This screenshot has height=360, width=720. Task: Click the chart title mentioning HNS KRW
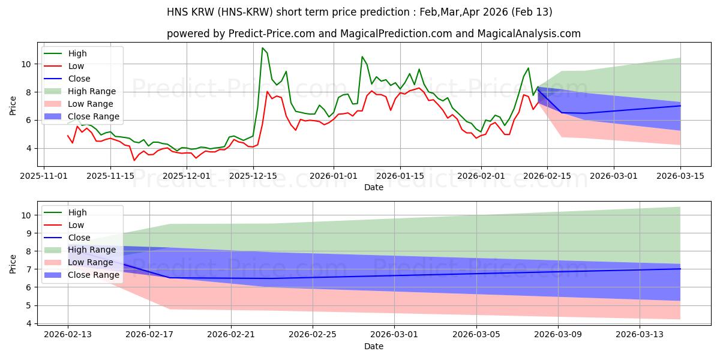[x=360, y=12]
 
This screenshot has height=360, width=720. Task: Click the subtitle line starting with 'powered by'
[x=373, y=34]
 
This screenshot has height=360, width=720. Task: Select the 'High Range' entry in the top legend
[x=92, y=91]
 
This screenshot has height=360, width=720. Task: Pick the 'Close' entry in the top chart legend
[x=79, y=79]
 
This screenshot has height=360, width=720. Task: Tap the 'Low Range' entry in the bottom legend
[x=91, y=262]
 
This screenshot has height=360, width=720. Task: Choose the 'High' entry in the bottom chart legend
[x=77, y=212]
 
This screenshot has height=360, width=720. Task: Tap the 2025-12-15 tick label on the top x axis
[x=253, y=176]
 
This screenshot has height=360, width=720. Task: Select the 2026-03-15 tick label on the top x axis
[x=680, y=176]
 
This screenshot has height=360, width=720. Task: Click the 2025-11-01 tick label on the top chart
[x=43, y=176]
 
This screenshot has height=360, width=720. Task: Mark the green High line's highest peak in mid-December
[x=262, y=48]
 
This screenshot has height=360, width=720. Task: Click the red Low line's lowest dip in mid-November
[x=134, y=160]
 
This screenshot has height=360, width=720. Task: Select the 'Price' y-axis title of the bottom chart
[x=13, y=264]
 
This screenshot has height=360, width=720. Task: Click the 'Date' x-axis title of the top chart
[x=373, y=187]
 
